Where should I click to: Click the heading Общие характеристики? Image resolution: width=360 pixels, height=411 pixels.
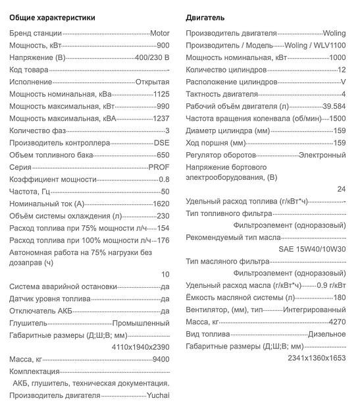(52, 17)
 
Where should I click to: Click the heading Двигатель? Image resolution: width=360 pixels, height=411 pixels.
(205, 17)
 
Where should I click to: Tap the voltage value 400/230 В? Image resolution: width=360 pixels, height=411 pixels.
(152, 57)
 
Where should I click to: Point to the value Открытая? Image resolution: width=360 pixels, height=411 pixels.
(152, 82)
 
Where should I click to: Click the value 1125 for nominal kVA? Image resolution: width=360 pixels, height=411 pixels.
(161, 94)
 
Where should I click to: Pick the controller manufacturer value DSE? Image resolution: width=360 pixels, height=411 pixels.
(161, 143)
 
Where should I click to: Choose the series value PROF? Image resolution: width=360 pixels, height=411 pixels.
(160, 167)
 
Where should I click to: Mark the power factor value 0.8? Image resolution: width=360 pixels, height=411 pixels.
(164, 179)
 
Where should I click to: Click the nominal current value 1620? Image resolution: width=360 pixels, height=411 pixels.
(161, 204)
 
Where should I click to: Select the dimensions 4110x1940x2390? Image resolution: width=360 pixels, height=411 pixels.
(140, 346)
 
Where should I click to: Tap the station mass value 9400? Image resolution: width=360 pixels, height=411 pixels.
(161, 359)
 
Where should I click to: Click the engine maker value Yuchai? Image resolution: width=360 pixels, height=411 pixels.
(158, 395)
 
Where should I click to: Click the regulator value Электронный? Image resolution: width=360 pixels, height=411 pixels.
(322, 155)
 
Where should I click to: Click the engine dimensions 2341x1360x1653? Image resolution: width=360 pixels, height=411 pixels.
(317, 358)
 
